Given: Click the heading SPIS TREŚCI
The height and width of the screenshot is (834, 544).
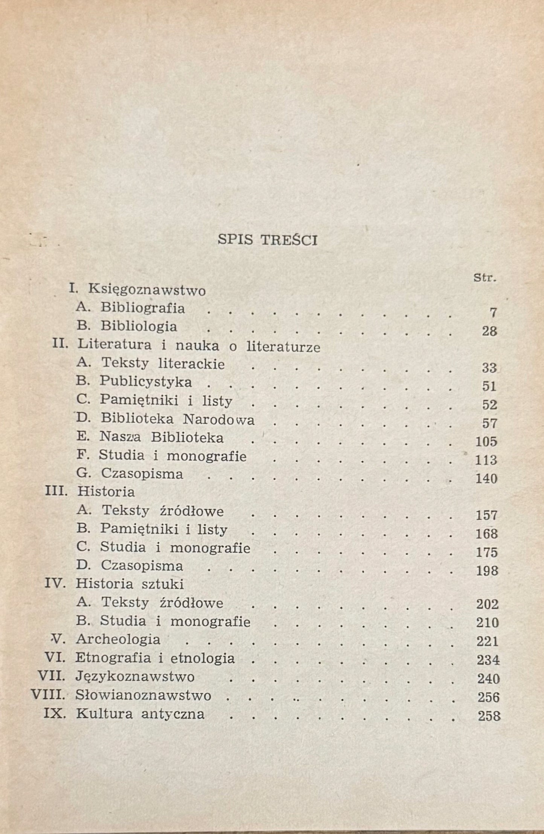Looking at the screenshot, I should point(268,240).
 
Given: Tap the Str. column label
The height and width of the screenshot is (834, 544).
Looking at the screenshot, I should point(485,279).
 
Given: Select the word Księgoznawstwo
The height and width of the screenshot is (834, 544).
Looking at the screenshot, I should point(147,290).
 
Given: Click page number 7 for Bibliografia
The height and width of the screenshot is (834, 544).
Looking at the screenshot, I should point(493,312).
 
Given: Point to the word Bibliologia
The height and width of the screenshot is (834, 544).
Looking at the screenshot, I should point(139,326).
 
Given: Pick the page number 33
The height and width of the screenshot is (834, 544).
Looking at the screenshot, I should point(489,368).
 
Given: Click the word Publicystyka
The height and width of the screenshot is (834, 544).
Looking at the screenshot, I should point(146,382).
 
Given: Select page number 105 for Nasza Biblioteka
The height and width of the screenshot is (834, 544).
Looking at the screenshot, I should point(486,441).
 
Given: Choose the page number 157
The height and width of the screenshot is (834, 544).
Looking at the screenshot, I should point(486,515).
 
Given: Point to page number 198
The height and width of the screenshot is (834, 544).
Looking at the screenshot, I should point(487,571).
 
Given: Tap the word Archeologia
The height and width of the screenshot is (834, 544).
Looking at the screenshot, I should point(118,639).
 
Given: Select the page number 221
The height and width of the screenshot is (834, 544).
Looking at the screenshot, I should point(487,641).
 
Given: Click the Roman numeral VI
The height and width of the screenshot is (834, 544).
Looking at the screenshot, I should point(55,658).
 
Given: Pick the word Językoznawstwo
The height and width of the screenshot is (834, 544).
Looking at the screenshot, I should point(135,677).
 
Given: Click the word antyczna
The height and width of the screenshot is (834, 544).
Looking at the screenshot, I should point(173,714).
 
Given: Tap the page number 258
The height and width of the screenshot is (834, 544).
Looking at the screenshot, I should point(489,715).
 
